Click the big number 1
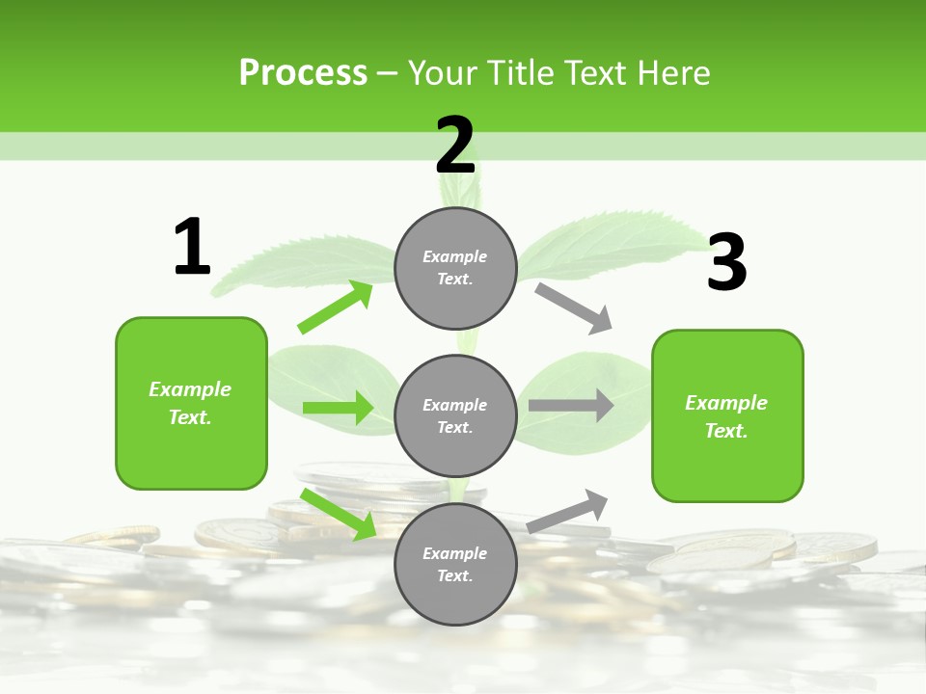tap(192, 247)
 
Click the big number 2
tap(455, 145)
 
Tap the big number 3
tap(727, 262)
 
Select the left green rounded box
tap(191, 403)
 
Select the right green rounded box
tap(727, 416)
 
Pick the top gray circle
tap(455, 268)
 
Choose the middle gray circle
tap(455, 415)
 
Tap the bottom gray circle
tap(455, 564)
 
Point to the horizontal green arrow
tap(338, 408)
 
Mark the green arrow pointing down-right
tap(339, 514)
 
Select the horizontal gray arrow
tap(570, 405)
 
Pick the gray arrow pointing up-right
tap(567, 511)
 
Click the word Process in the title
tap(303, 73)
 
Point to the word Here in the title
tap(675, 73)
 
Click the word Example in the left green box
tap(190, 389)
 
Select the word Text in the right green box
tap(725, 431)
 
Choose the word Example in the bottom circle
tap(455, 553)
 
